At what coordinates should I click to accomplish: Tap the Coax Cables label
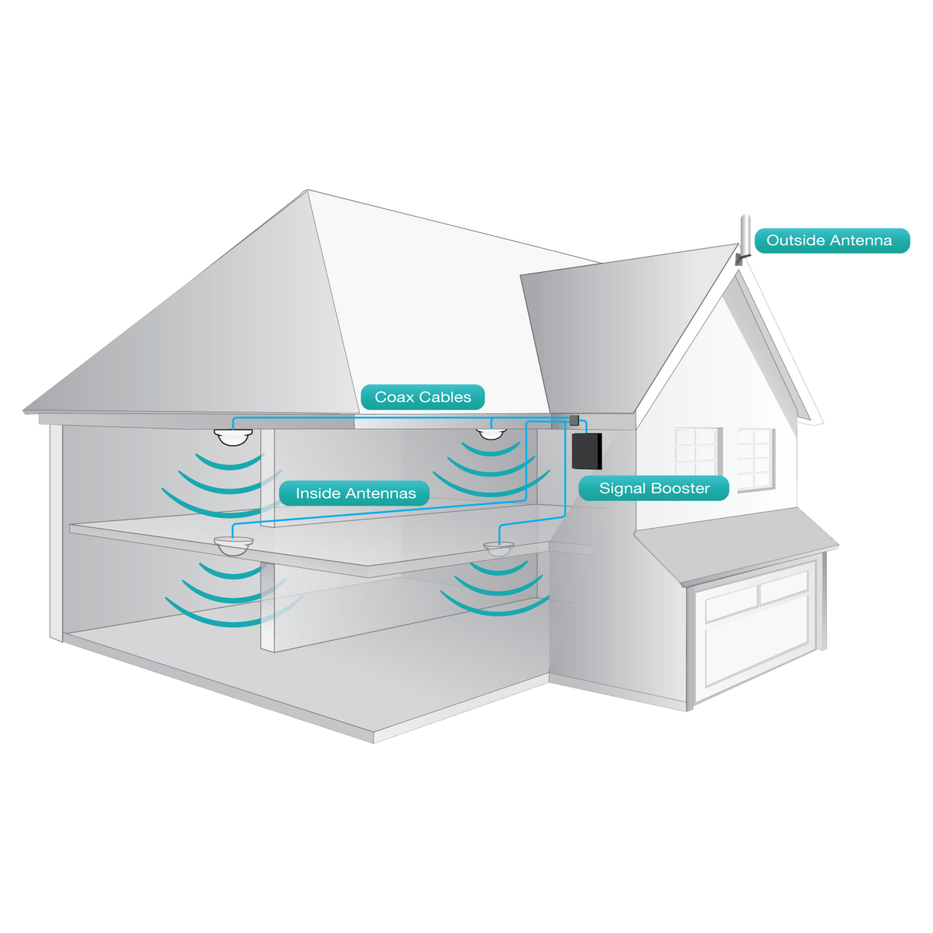[x=423, y=397]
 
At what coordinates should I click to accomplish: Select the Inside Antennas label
[x=355, y=493]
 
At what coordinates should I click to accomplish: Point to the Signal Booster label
[x=654, y=488]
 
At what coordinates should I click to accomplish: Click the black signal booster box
[x=587, y=451]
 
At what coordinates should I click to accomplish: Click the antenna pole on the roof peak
[x=744, y=234]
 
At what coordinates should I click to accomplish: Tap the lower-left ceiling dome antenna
[x=234, y=546]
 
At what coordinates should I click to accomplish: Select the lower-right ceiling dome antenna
[x=499, y=549]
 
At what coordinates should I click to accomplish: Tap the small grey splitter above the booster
[x=573, y=420]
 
